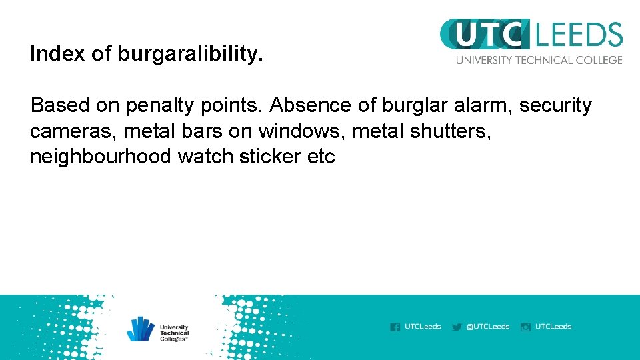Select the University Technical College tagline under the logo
pos(539,60)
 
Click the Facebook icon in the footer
pos(395,327)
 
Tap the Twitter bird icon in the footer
pos(457,327)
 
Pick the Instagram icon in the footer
pos(525,327)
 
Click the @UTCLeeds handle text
pos(488,327)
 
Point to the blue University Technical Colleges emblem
pos(141,329)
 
